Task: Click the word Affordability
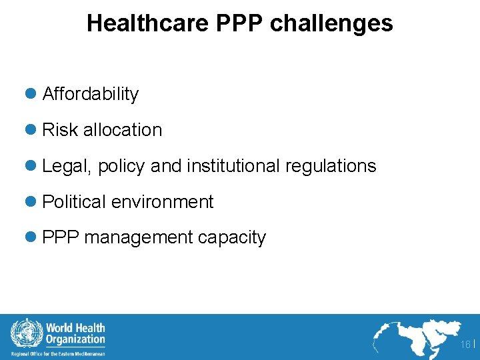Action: [90, 94]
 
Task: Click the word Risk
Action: [60, 130]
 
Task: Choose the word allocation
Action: [123, 130]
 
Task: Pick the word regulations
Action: [331, 166]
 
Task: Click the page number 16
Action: [465, 344]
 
